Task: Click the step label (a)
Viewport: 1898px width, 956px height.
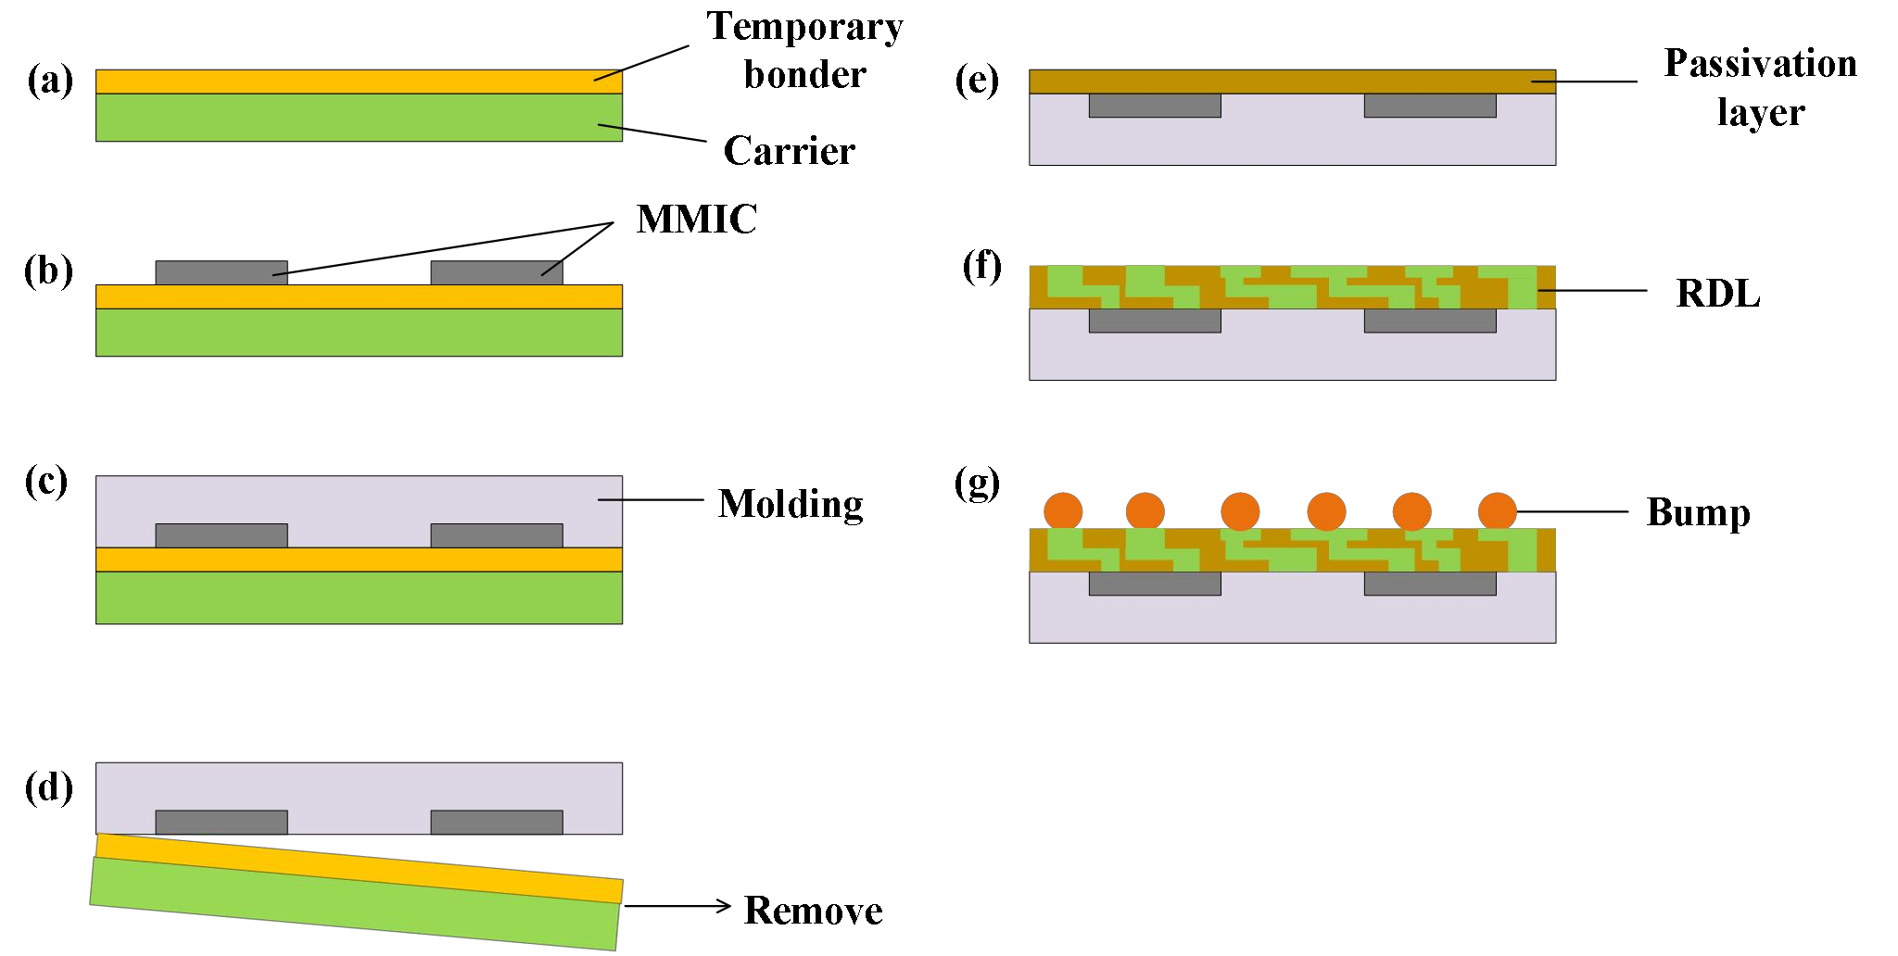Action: (x=50, y=81)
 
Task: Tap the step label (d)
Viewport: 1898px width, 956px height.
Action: (x=49, y=787)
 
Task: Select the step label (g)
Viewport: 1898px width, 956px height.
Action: (x=977, y=483)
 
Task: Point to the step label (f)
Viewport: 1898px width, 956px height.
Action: (x=981, y=267)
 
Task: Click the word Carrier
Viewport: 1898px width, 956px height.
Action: (x=789, y=151)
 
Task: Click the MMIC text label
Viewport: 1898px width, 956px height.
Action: (x=696, y=220)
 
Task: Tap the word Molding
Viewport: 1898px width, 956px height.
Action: (x=791, y=504)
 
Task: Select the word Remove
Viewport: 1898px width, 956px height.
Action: (x=813, y=911)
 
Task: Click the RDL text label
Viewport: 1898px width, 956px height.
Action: (x=1717, y=294)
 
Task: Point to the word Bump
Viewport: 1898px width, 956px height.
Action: (x=1698, y=512)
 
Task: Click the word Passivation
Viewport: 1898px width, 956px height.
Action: (x=1760, y=64)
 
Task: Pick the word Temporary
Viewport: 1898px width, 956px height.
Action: (x=804, y=27)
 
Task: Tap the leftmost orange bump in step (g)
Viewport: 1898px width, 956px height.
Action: (x=1063, y=511)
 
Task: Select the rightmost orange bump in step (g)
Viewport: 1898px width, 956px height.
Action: (x=1497, y=511)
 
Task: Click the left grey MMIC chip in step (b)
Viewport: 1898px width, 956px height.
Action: (x=221, y=272)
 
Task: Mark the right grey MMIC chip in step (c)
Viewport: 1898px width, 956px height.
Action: (x=497, y=535)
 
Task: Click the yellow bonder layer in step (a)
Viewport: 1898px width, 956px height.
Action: (x=359, y=82)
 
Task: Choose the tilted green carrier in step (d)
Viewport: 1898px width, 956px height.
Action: (x=354, y=904)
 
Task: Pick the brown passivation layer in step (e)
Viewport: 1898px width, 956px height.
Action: (x=1292, y=82)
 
